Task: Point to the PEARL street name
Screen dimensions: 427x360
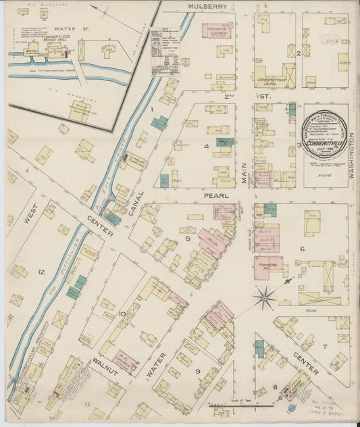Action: coord(214,195)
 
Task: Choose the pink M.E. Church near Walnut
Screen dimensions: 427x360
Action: coord(125,361)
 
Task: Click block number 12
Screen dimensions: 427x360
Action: coord(42,272)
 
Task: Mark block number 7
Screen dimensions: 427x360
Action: coord(325,347)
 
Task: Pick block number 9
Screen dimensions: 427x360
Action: coord(198,371)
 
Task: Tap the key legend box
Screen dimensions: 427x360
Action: coord(165,51)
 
